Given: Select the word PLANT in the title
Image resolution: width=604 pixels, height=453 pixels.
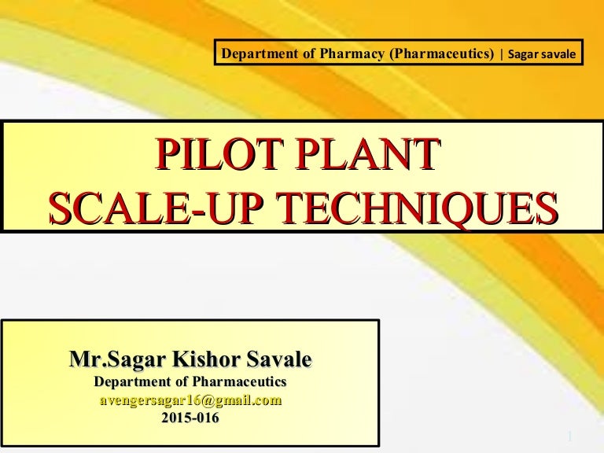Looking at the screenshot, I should pos(366,154).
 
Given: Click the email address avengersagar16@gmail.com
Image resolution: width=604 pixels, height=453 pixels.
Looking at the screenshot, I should pos(190,400).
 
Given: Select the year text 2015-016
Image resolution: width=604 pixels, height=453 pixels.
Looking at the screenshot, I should pos(190,418).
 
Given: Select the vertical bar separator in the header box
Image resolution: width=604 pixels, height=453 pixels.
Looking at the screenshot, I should pos(501,53).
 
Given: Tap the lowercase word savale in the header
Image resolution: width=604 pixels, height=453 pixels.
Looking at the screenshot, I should pos(560,54).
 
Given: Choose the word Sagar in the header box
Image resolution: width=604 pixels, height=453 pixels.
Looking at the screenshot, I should pos(523,54).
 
